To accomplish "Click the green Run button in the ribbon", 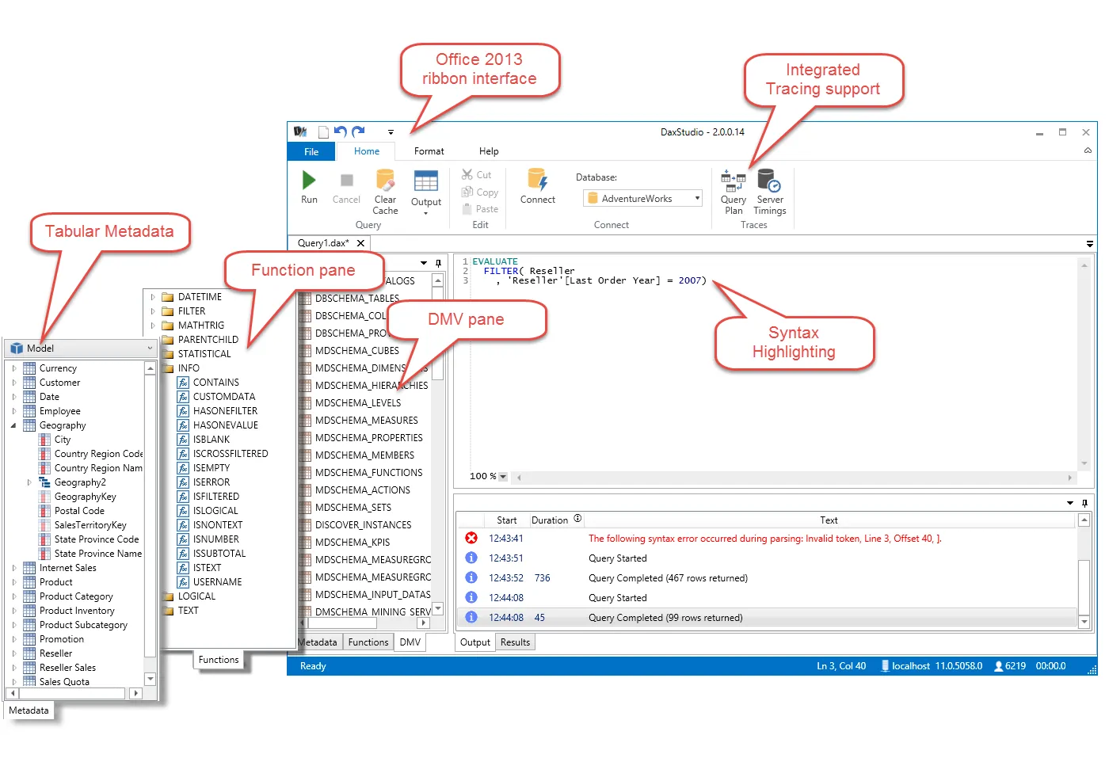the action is click(309, 181).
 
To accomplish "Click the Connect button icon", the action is click(537, 181).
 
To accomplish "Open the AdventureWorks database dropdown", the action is click(697, 198).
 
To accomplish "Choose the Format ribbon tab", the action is click(429, 151).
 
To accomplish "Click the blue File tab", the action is click(311, 151).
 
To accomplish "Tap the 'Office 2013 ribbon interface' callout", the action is click(479, 69).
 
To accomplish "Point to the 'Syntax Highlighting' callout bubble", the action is click(794, 342).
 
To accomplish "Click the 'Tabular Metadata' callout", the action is click(109, 231).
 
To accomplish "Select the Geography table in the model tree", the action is click(63, 425).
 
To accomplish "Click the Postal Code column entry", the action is click(79, 511).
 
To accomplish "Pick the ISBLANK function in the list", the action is click(212, 440).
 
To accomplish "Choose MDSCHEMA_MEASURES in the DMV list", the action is click(366, 421).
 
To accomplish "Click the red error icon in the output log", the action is click(471, 538).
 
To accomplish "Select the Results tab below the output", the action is click(515, 642).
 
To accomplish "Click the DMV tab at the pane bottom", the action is click(410, 642).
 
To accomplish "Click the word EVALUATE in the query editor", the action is click(495, 261).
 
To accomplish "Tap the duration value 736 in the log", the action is click(542, 578).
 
